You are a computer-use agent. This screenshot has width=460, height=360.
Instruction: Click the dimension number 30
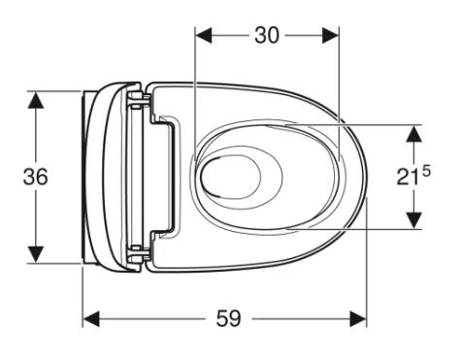pyautogui.click(x=266, y=35)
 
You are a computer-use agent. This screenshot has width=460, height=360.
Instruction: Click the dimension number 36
pyautogui.click(x=35, y=177)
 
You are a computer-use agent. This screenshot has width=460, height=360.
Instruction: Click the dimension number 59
pyautogui.click(x=228, y=318)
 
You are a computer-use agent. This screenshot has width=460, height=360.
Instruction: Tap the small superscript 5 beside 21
pyautogui.click(x=427, y=171)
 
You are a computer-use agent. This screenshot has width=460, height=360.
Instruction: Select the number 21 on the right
pyautogui.click(x=409, y=178)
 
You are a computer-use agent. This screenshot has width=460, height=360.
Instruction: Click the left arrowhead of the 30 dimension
pyautogui.click(x=204, y=35)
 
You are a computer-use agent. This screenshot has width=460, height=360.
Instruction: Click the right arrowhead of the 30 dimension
pyautogui.click(x=330, y=35)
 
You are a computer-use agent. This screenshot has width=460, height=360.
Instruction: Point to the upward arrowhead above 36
pyautogui.click(x=36, y=100)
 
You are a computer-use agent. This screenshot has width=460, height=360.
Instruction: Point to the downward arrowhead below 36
pyautogui.click(x=36, y=254)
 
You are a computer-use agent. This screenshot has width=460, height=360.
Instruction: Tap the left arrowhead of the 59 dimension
pyautogui.click(x=91, y=319)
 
